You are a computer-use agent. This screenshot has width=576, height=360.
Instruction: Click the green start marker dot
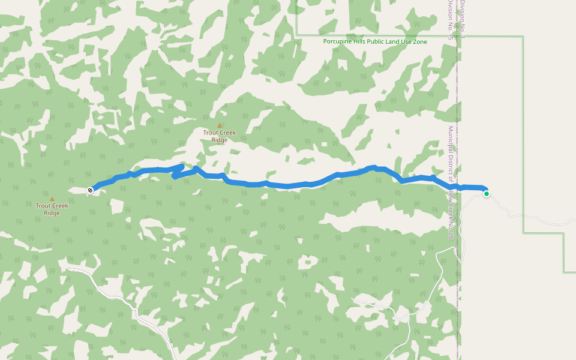point(486,193)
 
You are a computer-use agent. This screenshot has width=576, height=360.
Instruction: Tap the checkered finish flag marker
point(90,190)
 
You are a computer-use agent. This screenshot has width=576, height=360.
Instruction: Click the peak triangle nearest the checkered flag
point(52,199)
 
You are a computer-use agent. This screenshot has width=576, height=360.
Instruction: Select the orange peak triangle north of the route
point(219,126)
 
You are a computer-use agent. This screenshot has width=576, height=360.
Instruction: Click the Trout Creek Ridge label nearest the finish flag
point(52,209)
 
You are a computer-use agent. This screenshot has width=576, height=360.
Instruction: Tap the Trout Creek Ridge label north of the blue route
point(220,136)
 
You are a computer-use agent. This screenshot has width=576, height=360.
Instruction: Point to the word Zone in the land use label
point(419,41)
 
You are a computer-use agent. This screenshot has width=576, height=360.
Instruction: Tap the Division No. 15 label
point(450,24)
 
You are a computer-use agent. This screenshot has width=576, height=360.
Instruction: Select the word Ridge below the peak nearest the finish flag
point(52,213)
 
